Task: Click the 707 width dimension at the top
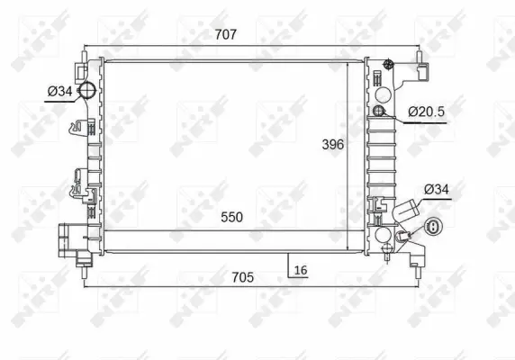[225, 35]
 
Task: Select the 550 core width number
[231, 217]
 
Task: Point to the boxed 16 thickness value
[300, 269]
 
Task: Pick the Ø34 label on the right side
[435, 189]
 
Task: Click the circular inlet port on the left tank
[87, 90]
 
